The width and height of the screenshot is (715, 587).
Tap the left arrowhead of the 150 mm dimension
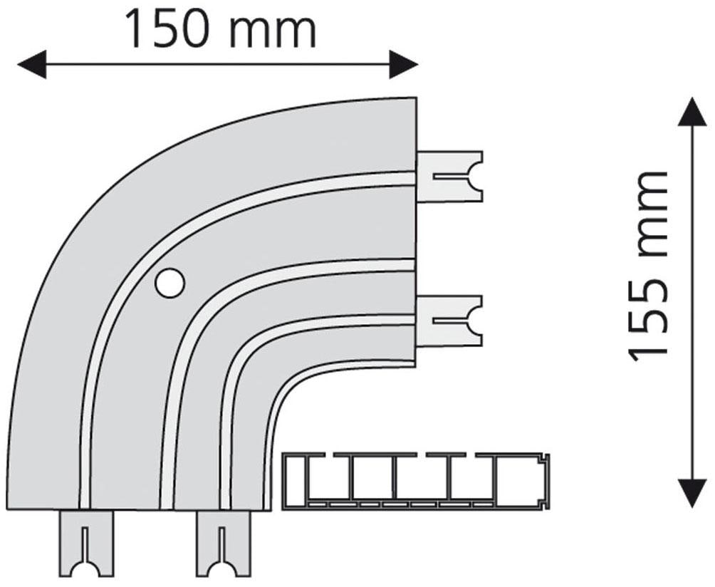pyautogui.click(x=30, y=64)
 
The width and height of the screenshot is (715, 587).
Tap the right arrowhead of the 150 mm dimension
pyautogui.click(x=404, y=64)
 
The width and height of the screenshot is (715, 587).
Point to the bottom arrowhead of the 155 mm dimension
pyautogui.click(x=692, y=492)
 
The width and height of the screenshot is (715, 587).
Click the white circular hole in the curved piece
pyautogui.click(x=169, y=284)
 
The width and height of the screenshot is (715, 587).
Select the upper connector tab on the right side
pyautogui.click(x=449, y=176)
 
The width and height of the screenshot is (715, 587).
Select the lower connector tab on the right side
pyautogui.click(x=449, y=321)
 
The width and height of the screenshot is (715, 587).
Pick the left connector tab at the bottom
pyautogui.click(x=86, y=543)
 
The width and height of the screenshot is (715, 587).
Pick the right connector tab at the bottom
pyautogui.click(x=224, y=543)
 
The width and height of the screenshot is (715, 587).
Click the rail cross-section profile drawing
pyautogui.click(x=417, y=481)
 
